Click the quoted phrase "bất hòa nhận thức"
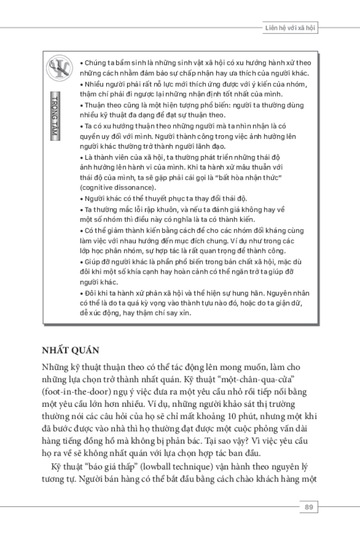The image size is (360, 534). [244, 178]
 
